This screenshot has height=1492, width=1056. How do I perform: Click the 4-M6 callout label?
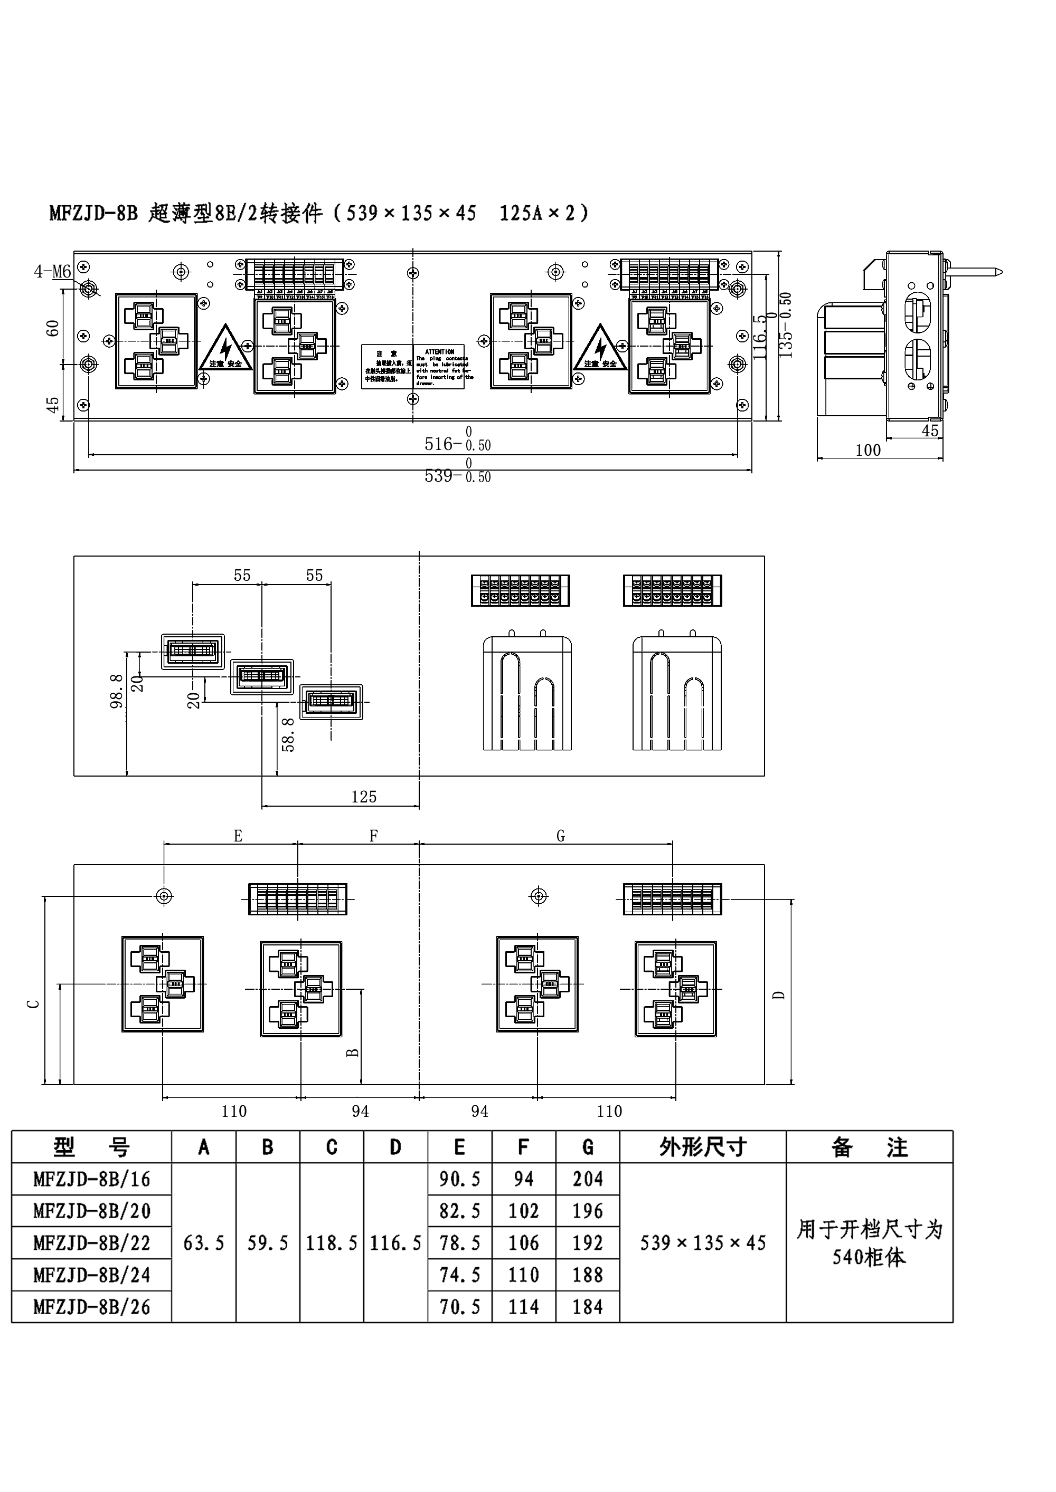pos(52,271)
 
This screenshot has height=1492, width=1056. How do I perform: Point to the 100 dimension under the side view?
pos(868,451)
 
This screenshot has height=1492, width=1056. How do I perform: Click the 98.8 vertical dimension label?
pos(117,691)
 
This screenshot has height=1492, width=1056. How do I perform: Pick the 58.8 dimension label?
pos(288,735)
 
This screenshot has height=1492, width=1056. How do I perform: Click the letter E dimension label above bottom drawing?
pos(238,836)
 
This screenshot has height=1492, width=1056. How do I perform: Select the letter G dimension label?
pos(561,836)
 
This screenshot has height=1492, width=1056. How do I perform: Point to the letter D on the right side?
pos(779,995)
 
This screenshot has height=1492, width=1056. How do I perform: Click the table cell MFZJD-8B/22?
pos(92,1243)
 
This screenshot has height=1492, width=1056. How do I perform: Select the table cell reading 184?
pos(587,1307)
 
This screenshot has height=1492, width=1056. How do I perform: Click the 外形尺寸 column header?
pos(702,1147)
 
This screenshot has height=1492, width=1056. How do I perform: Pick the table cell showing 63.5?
pos(203,1243)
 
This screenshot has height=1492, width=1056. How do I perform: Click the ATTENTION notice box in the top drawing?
pos(440,367)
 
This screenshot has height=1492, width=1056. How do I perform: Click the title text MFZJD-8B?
pos(93,213)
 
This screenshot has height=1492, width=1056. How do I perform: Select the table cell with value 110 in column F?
pos(523,1275)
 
